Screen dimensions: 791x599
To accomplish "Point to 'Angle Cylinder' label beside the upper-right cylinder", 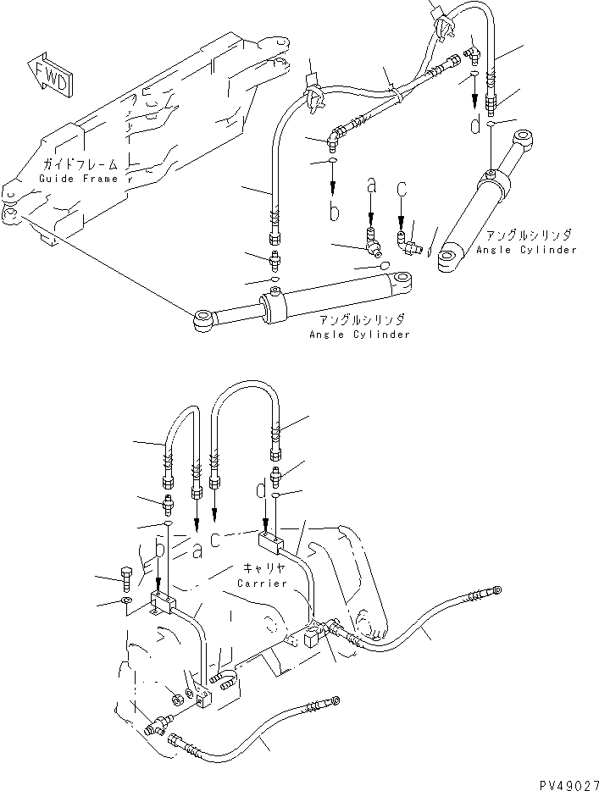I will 525,250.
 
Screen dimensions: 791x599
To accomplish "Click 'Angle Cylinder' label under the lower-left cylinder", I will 359,335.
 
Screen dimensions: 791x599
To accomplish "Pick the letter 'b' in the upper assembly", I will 335,212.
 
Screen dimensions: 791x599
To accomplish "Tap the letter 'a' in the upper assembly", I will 370,183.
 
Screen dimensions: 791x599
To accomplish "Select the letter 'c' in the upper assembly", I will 402,185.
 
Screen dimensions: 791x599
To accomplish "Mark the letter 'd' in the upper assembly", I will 476,124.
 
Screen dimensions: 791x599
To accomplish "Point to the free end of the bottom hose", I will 336,700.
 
